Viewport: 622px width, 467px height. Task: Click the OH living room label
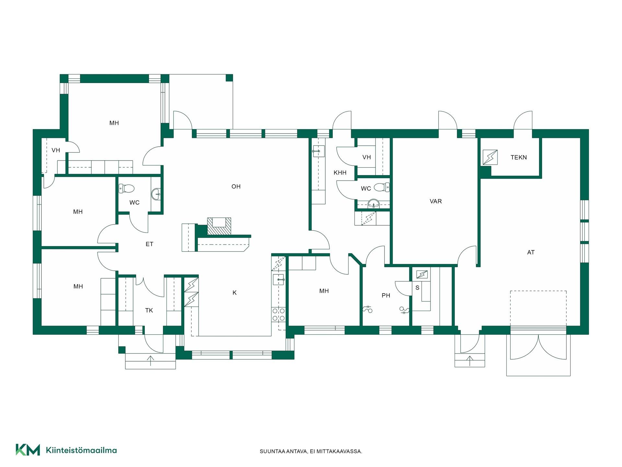(x=236, y=186)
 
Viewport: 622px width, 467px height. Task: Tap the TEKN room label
(x=519, y=157)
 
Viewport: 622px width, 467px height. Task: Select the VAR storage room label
(x=436, y=201)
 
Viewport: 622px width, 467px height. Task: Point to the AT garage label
(x=531, y=252)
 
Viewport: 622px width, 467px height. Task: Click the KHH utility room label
(x=340, y=173)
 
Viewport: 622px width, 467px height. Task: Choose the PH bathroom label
(x=386, y=295)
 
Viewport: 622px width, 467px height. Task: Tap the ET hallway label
(x=149, y=244)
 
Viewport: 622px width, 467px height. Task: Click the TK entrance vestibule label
(x=149, y=310)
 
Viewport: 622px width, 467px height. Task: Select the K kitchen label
(x=235, y=293)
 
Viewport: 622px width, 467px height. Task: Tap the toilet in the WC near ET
(x=126, y=188)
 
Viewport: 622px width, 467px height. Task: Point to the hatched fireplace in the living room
(x=219, y=226)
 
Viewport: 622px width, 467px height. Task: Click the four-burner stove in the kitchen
(x=279, y=314)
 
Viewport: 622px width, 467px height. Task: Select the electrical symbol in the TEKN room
(x=490, y=157)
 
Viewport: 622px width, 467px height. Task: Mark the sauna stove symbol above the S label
(x=422, y=275)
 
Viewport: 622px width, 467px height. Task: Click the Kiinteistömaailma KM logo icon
(x=28, y=450)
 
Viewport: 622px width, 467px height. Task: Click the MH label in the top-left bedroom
(x=114, y=123)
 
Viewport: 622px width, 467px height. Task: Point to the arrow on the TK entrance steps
(x=150, y=361)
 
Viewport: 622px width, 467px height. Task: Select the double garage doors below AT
(x=538, y=347)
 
